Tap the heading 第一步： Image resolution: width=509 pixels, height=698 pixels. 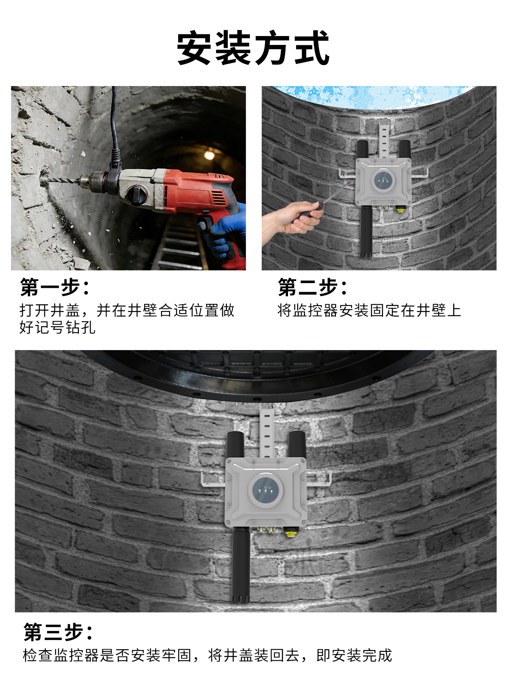pos(55,287)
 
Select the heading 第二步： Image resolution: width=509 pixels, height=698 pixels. pos(313,287)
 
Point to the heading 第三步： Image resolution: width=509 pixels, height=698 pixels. pos(59,632)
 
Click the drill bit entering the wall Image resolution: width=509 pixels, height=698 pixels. pos(62,179)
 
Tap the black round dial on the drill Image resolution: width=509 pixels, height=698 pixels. pos(137,195)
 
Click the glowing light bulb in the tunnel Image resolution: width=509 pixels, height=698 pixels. pos(209,155)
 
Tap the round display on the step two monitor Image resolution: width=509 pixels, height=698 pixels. pos(383,180)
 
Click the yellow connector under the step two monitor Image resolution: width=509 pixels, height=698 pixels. pos(400,209)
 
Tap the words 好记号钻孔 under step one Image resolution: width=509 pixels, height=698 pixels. pos(57,327)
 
